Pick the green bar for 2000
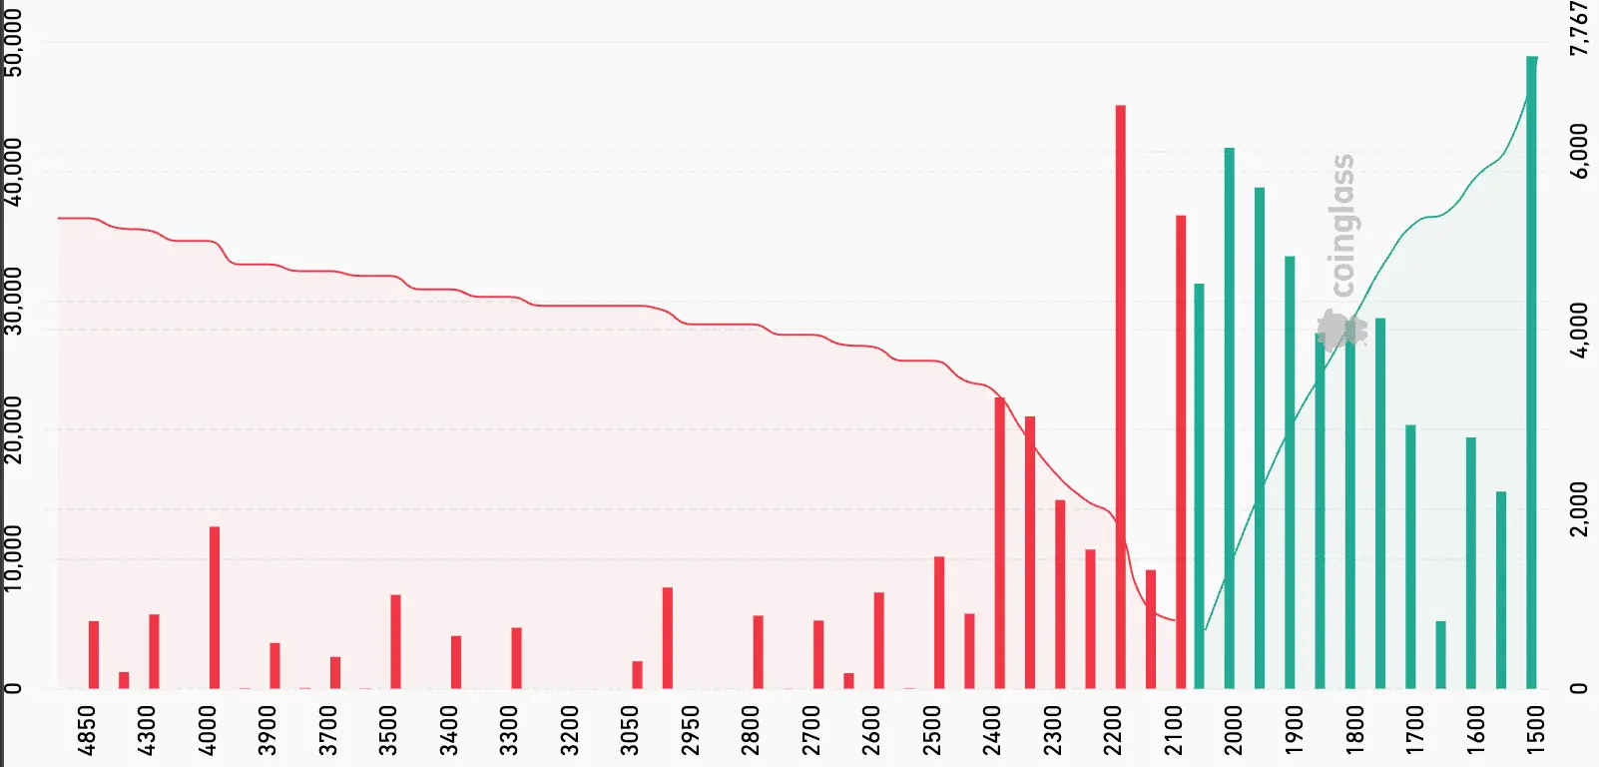coord(1229,418)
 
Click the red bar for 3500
coord(395,641)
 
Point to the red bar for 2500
coord(939,622)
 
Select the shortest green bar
coord(1440,654)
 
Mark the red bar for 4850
coord(94,654)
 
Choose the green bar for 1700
coord(1410,556)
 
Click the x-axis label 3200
coord(570,730)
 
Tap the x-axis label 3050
coord(630,730)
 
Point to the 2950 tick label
coord(691,730)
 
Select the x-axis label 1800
coord(1354,730)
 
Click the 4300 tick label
coord(147,730)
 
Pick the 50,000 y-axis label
coord(14,44)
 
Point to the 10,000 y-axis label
coord(14,559)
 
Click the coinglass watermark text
coord(1343,225)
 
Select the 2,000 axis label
coord(1579,509)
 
